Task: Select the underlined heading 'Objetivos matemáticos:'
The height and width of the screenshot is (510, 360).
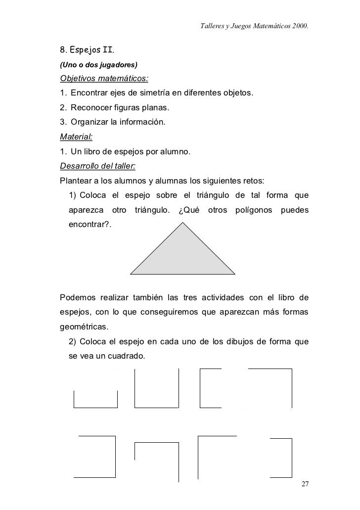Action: [x=104, y=79]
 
